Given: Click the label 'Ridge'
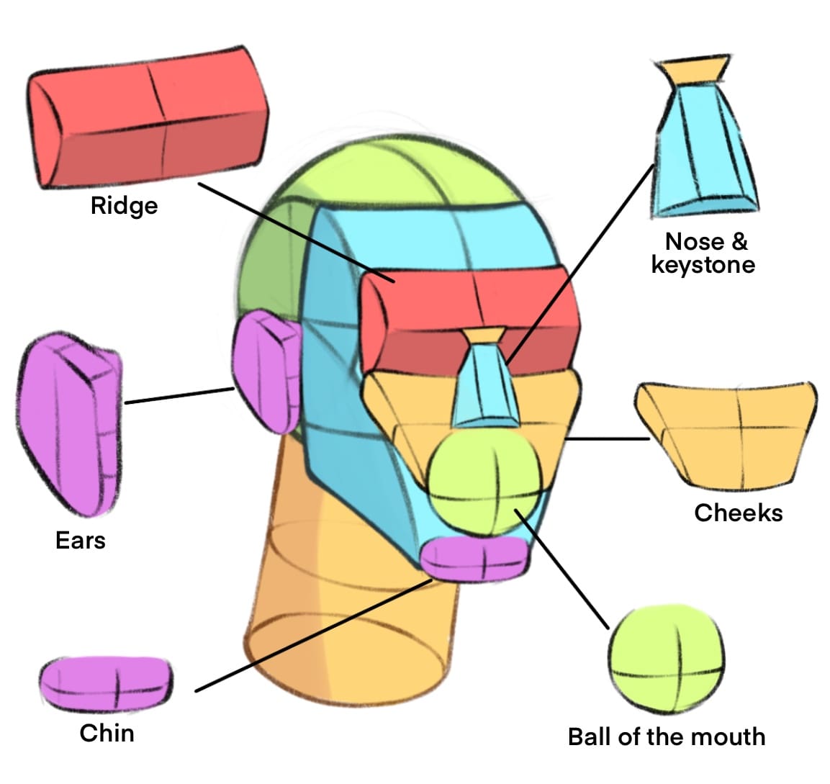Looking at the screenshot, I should [x=124, y=206].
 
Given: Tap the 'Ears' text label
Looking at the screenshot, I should [x=80, y=540].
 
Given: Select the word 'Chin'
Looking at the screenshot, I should [x=107, y=733].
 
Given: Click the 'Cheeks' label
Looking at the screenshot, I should [x=738, y=513].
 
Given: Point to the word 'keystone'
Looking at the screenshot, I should [x=703, y=265].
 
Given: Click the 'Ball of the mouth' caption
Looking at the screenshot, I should [x=666, y=736].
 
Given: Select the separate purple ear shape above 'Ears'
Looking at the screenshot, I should [x=68, y=425].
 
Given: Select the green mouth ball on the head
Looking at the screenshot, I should [x=483, y=479].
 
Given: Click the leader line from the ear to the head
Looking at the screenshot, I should [x=180, y=396].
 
